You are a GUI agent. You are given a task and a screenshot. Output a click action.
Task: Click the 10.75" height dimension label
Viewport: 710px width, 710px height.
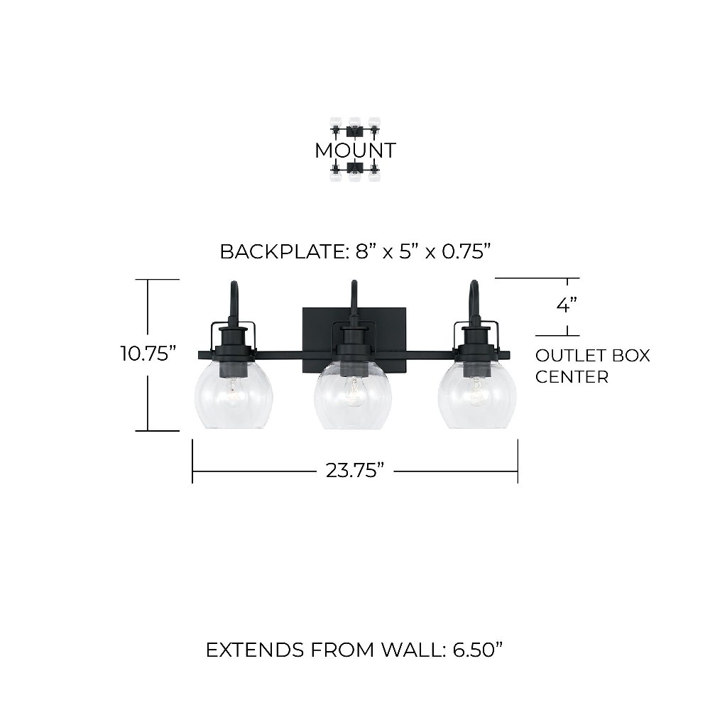pyautogui.click(x=148, y=354)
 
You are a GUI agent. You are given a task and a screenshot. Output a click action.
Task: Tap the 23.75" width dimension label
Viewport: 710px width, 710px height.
pyautogui.click(x=355, y=471)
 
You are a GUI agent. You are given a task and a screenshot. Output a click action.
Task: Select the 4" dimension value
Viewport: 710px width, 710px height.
pyautogui.click(x=567, y=305)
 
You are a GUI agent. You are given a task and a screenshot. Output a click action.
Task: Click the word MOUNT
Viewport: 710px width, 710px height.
pyautogui.click(x=356, y=151)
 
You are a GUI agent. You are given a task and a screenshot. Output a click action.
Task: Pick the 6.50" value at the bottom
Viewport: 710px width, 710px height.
pyautogui.click(x=478, y=650)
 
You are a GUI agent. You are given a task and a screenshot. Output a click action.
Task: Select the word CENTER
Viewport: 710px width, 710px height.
pyautogui.click(x=572, y=377)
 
